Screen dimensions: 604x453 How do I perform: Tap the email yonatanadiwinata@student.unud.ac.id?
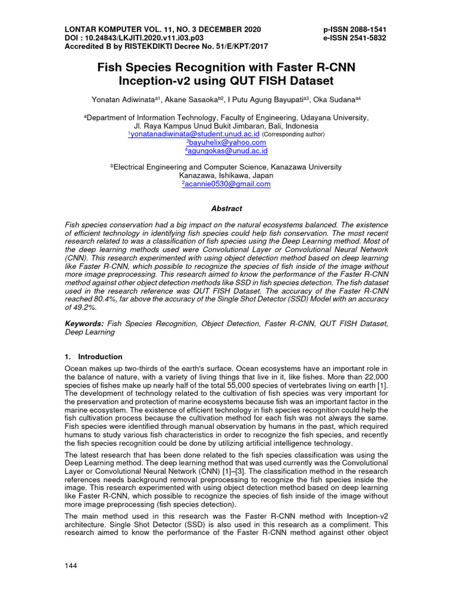click(194, 134)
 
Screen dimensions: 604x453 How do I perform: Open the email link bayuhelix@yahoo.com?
click(226, 143)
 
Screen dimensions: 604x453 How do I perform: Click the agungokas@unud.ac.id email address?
click(226, 151)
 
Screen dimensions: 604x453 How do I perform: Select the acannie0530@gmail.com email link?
click(226, 184)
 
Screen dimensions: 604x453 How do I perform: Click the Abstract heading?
click(226, 209)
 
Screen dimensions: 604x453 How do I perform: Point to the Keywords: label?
click(84, 324)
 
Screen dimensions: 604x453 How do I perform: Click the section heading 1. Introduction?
click(93, 357)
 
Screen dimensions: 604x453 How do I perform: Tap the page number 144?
click(71, 566)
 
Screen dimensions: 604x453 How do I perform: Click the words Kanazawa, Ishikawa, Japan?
click(226, 176)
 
